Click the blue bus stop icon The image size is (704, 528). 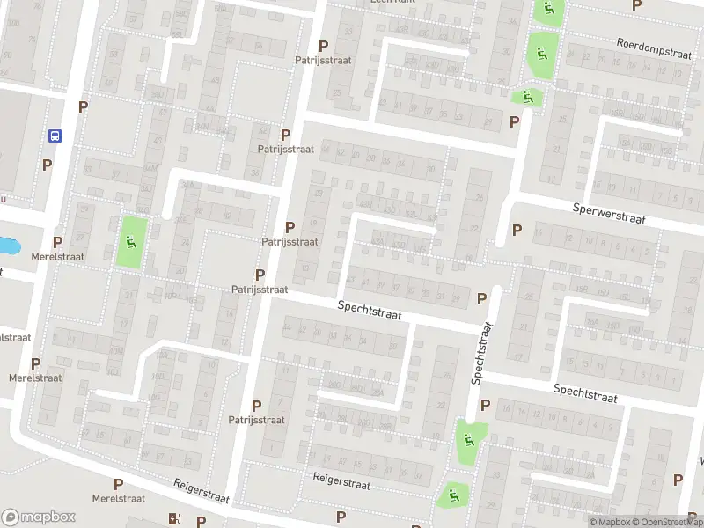pos(55,136)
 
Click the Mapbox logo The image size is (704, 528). pos(39,517)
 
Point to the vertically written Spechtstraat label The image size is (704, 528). pos(482,352)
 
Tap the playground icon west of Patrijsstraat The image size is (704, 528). pos(131,242)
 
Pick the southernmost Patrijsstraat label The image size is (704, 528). pos(256,420)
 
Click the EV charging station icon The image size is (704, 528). pos(174,519)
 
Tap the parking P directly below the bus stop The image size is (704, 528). pos(47,165)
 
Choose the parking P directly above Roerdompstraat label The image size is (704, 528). pos(637,5)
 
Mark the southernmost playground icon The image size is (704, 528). pos(453,495)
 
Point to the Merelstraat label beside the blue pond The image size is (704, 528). pos(57,257)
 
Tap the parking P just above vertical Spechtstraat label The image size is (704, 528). pos(481,298)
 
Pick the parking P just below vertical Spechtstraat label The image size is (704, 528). pos(483,406)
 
